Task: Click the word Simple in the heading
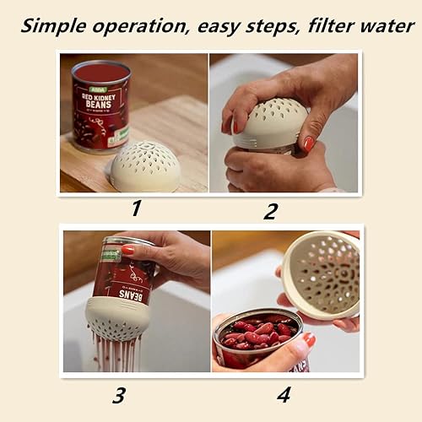tap(52, 25)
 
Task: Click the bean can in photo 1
tap(100, 105)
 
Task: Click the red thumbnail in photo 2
tap(309, 143)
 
